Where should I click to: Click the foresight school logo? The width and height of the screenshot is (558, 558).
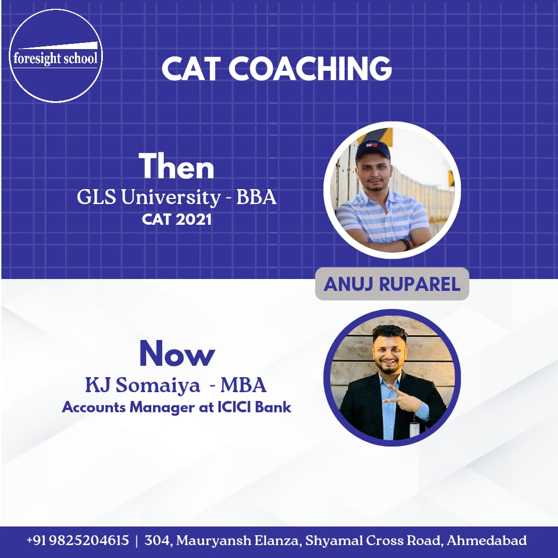(55, 56)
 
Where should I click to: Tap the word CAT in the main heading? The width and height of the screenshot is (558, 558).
(190, 68)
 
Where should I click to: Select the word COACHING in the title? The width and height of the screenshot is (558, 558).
(310, 68)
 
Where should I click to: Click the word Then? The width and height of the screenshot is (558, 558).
(177, 166)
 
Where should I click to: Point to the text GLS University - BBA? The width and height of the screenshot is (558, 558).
(177, 197)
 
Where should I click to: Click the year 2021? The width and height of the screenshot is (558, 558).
(194, 219)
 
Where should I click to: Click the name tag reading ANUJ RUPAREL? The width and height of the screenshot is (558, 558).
(392, 284)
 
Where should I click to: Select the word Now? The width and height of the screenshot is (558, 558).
(177, 353)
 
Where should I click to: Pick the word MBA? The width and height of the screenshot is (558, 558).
(243, 385)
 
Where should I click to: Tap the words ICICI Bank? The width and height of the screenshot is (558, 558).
(254, 407)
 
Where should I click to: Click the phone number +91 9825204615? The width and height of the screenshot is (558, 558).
(78, 540)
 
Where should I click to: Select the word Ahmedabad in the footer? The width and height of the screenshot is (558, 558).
(487, 540)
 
